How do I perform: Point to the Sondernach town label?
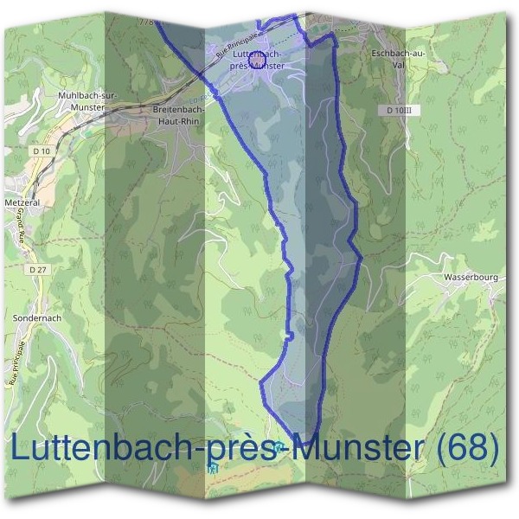[37, 318]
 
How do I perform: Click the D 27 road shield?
[36, 270]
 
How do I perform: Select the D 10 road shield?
[41, 151]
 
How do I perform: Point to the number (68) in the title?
[467, 447]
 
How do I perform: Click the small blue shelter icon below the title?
[213, 469]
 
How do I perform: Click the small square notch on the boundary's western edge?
[292, 336]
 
